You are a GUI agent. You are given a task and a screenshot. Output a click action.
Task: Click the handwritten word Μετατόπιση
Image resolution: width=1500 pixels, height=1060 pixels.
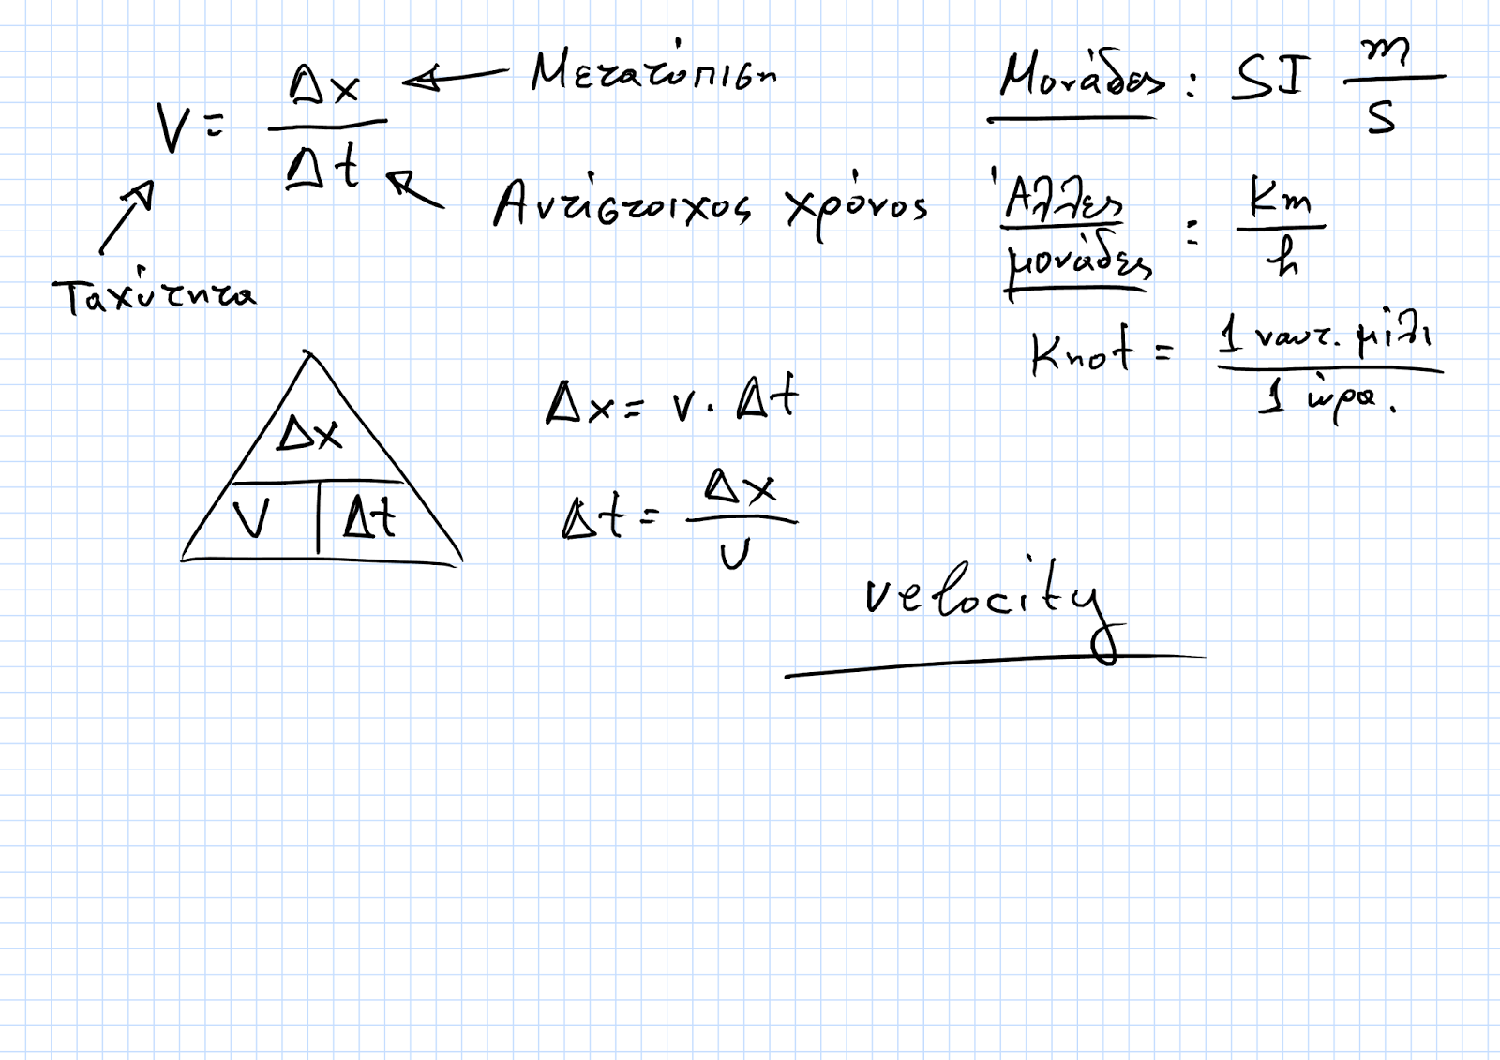coord(653,71)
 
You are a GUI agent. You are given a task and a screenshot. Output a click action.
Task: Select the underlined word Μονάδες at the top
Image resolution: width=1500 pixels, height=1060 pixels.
coord(1081,77)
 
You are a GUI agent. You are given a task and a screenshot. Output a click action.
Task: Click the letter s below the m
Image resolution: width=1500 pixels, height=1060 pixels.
coord(1381,117)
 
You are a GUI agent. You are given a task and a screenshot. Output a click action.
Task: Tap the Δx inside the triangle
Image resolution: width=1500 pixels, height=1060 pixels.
coord(309,434)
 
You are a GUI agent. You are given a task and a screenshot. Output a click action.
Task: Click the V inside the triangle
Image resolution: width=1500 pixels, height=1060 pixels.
coord(250,518)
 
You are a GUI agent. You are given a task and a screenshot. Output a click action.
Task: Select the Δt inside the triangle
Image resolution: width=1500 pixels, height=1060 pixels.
coord(369,516)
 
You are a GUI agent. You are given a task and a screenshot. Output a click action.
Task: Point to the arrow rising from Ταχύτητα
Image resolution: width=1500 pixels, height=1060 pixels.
coord(126,216)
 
